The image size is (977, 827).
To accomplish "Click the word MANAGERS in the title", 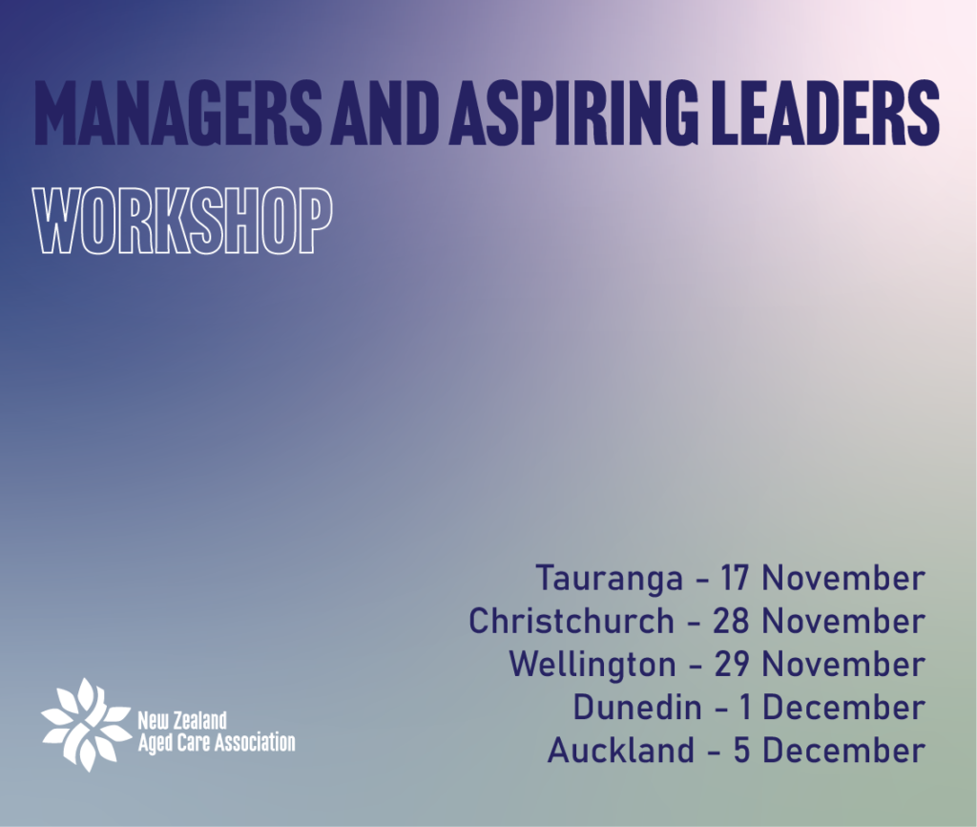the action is [x=179, y=113].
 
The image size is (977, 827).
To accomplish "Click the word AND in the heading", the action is [x=382, y=113].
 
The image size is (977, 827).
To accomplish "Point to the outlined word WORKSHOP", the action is [x=182, y=222].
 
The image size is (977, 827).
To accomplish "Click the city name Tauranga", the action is [x=610, y=579].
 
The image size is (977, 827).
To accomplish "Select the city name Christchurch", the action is [x=572, y=621].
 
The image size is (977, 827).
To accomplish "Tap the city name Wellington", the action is [x=592, y=665].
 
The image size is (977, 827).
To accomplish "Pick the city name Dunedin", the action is [x=636, y=708].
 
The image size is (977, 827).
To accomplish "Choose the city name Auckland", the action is [x=620, y=751].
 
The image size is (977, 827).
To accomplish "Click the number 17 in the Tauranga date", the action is [x=734, y=578].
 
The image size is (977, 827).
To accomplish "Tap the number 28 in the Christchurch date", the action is [x=730, y=621].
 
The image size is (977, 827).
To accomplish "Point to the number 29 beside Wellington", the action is [x=731, y=665].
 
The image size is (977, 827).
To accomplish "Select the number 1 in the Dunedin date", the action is [x=744, y=708].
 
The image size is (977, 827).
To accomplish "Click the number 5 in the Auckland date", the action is [x=740, y=751].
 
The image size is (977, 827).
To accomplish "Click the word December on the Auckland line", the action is [x=843, y=751].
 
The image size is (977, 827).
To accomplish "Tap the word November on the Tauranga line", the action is [x=843, y=578].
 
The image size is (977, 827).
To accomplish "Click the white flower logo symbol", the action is [x=86, y=724].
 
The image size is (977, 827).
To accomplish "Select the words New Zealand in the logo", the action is [x=181, y=721].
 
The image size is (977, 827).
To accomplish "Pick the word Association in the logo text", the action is [x=255, y=743].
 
